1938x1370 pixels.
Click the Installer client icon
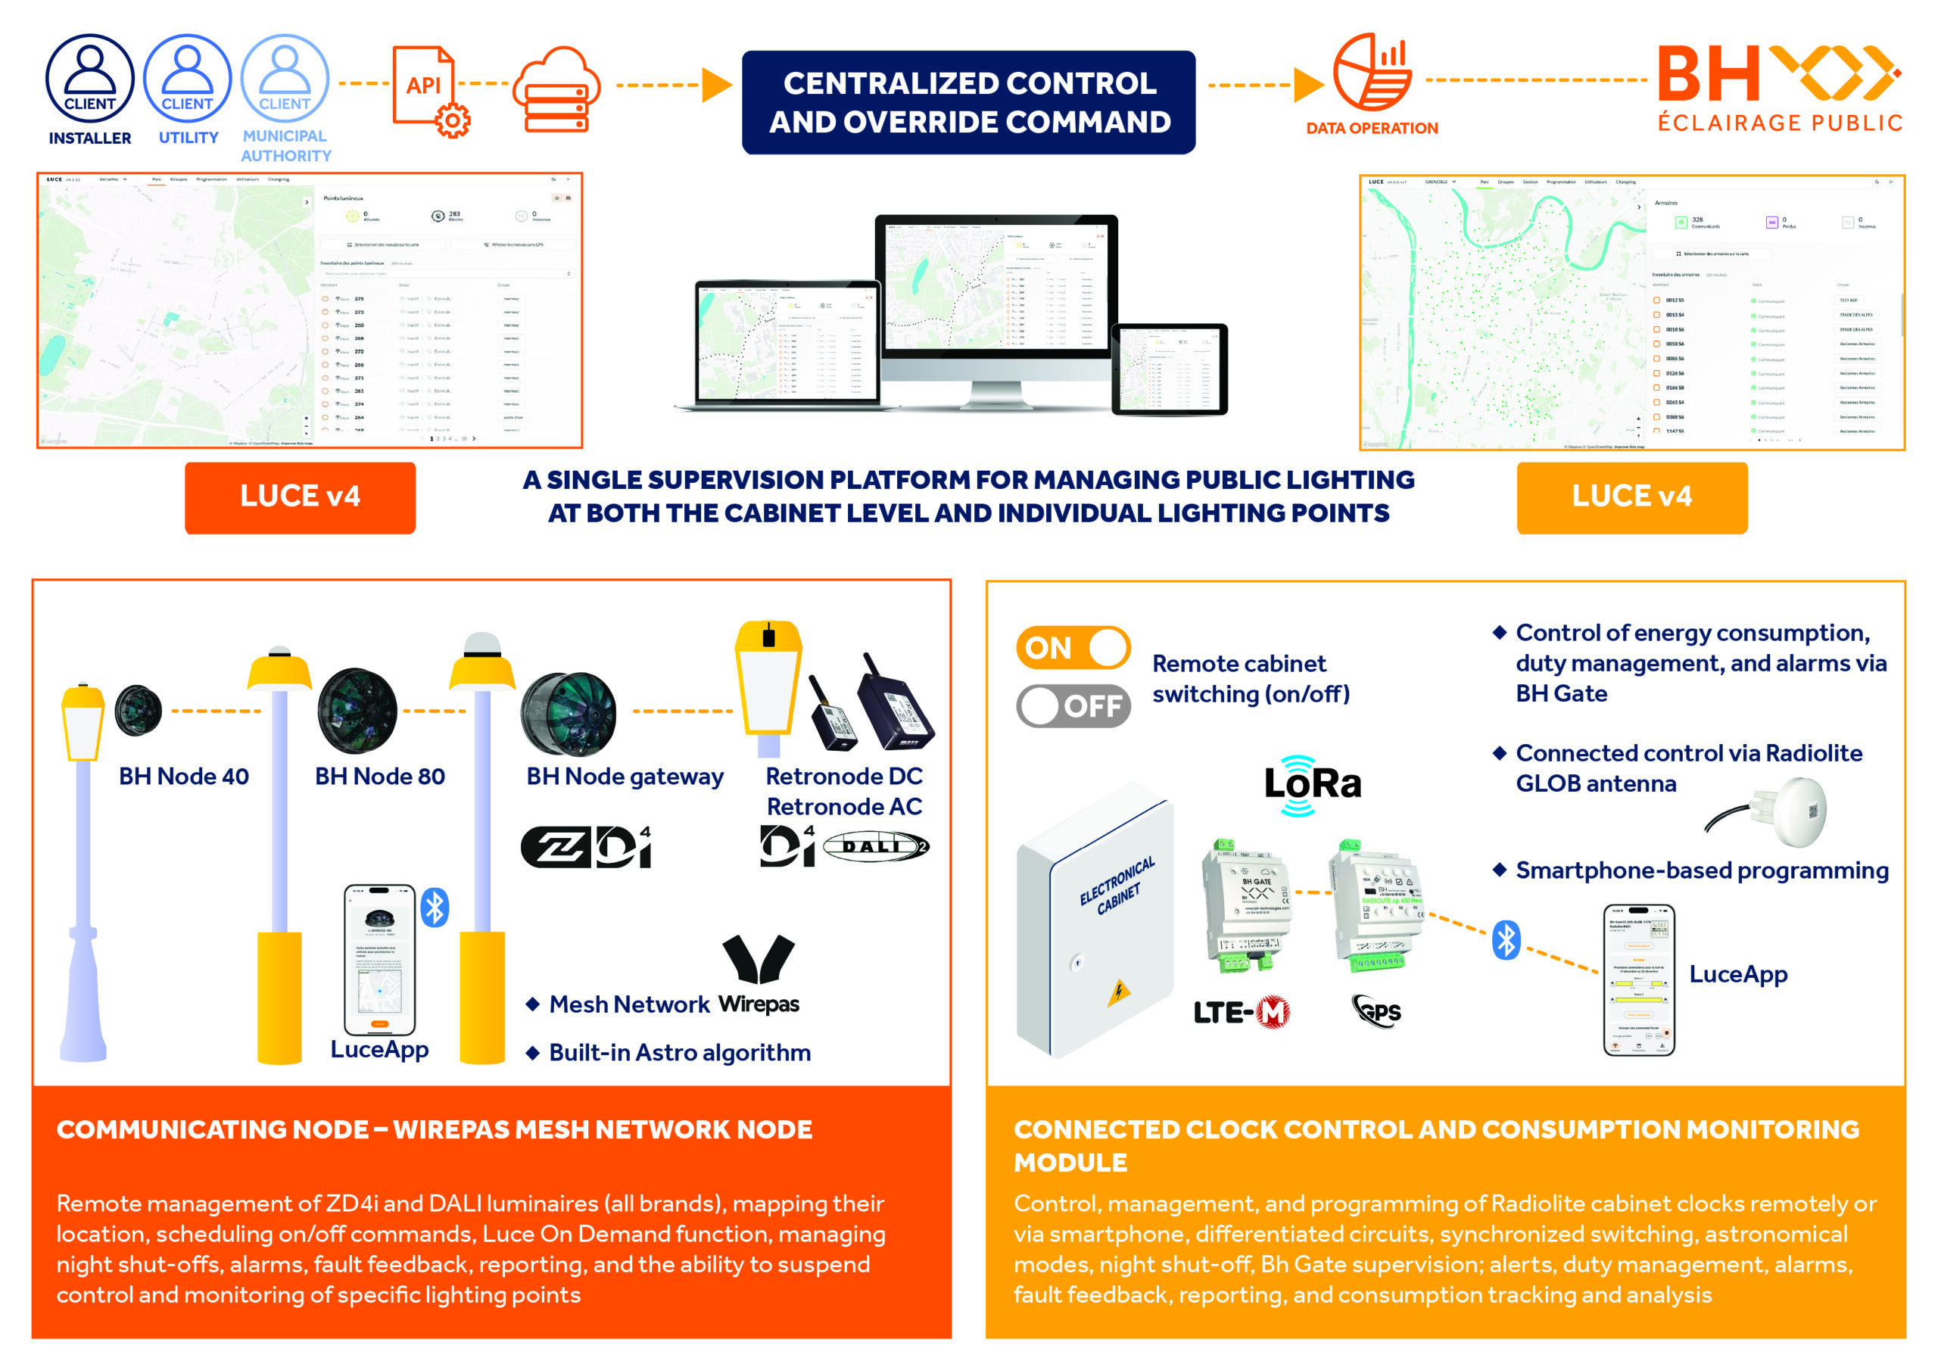[89, 78]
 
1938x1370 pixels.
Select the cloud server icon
[556, 89]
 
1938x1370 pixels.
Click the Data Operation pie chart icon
[1372, 73]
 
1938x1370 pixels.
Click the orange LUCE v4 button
[300, 497]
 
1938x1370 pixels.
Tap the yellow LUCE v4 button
[1631, 497]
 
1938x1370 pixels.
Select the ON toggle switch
[1073, 647]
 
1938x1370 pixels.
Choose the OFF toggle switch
[1073, 705]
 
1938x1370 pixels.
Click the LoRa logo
[1312, 784]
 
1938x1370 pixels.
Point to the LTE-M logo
[1241, 1012]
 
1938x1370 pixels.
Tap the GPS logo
[1378, 1010]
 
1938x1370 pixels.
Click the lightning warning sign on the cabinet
[1119, 991]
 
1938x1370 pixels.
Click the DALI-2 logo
[875, 847]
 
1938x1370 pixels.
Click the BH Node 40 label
[183, 777]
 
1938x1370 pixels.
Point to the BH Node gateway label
[625, 777]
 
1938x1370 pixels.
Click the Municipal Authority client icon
[285, 78]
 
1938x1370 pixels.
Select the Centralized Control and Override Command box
[968, 102]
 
